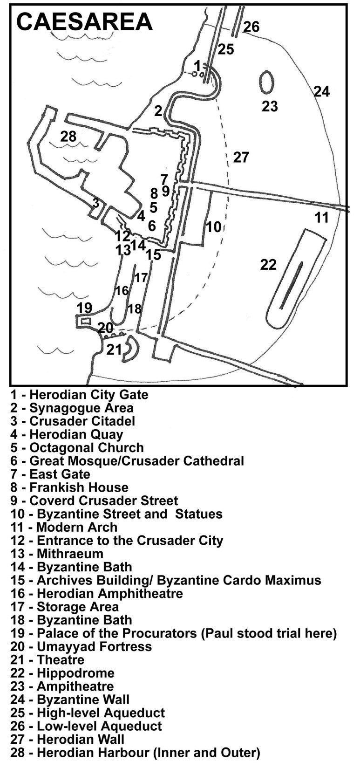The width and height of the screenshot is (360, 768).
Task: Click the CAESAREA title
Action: point(84,21)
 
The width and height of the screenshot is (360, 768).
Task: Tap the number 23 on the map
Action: point(270,106)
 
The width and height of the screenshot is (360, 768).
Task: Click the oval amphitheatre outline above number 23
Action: point(266,82)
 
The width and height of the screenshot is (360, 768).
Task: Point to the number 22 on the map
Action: point(268,265)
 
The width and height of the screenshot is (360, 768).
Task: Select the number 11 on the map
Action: point(322,217)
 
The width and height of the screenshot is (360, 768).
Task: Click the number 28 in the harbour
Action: point(68,137)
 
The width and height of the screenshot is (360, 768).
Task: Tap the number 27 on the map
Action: point(241,158)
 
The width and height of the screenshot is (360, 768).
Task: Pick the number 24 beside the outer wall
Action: point(322,91)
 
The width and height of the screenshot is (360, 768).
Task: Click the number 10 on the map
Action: point(214,226)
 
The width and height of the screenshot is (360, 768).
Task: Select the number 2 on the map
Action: point(158,111)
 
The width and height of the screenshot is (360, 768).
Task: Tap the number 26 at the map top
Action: point(252,27)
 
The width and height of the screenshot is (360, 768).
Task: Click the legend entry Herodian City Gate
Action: point(79,395)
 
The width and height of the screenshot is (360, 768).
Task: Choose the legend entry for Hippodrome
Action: point(62,673)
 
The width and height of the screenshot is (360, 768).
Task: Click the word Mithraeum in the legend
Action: point(70,554)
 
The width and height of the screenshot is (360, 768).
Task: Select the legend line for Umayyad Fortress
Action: point(81,647)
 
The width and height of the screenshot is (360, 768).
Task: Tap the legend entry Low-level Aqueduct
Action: point(86,726)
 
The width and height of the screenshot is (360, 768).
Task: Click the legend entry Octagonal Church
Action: point(77,448)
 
